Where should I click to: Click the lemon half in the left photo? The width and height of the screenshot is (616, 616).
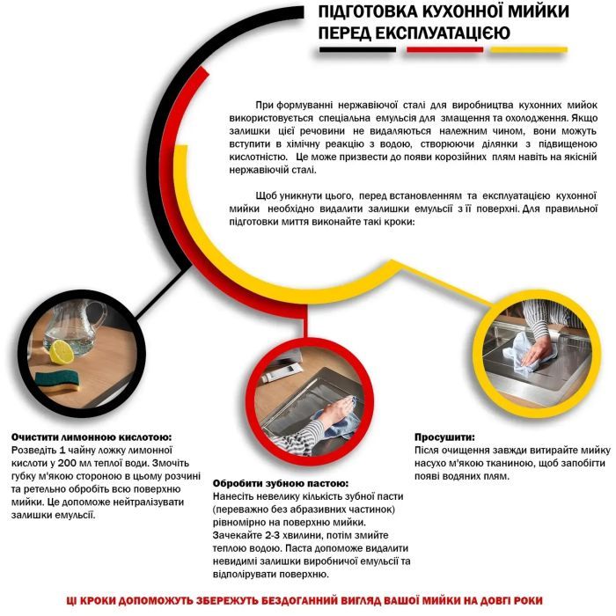(61, 352)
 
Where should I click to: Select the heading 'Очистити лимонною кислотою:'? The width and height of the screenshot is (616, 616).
(91, 436)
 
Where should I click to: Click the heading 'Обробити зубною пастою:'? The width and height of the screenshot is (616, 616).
(281, 483)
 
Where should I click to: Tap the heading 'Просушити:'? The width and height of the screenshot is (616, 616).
(444, 436)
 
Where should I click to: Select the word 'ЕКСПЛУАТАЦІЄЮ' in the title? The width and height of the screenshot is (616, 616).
(446, 33)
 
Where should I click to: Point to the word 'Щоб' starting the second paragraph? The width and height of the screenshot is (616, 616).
(267, 194)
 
